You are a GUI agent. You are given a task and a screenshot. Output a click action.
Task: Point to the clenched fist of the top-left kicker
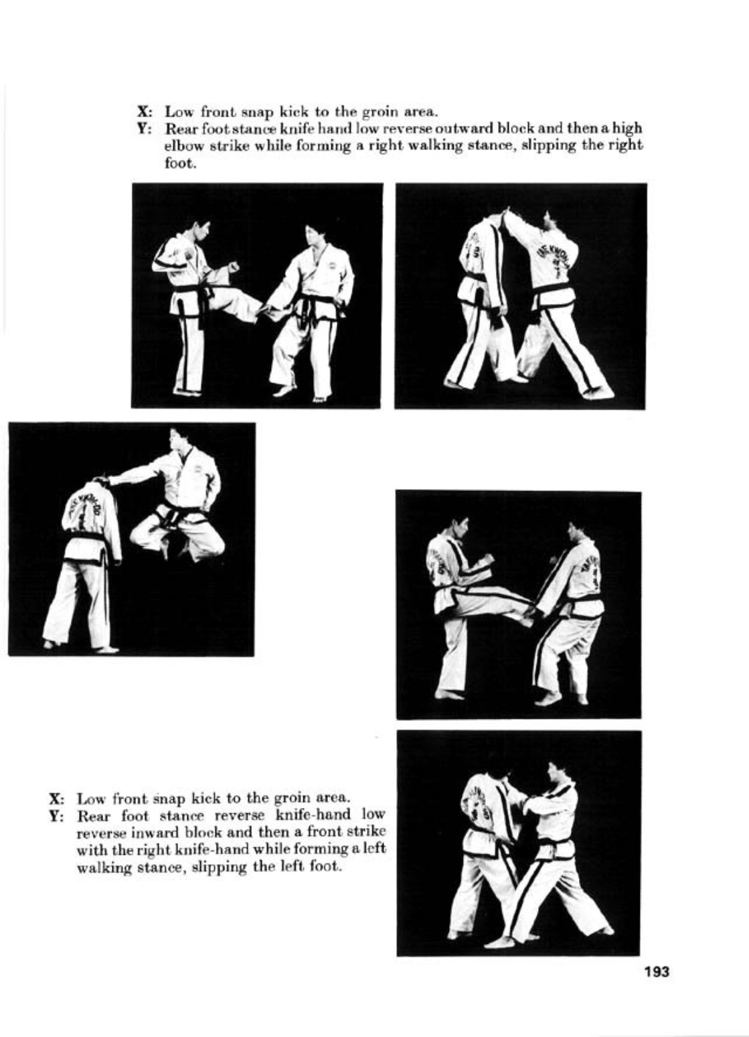(x=233, y=267)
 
